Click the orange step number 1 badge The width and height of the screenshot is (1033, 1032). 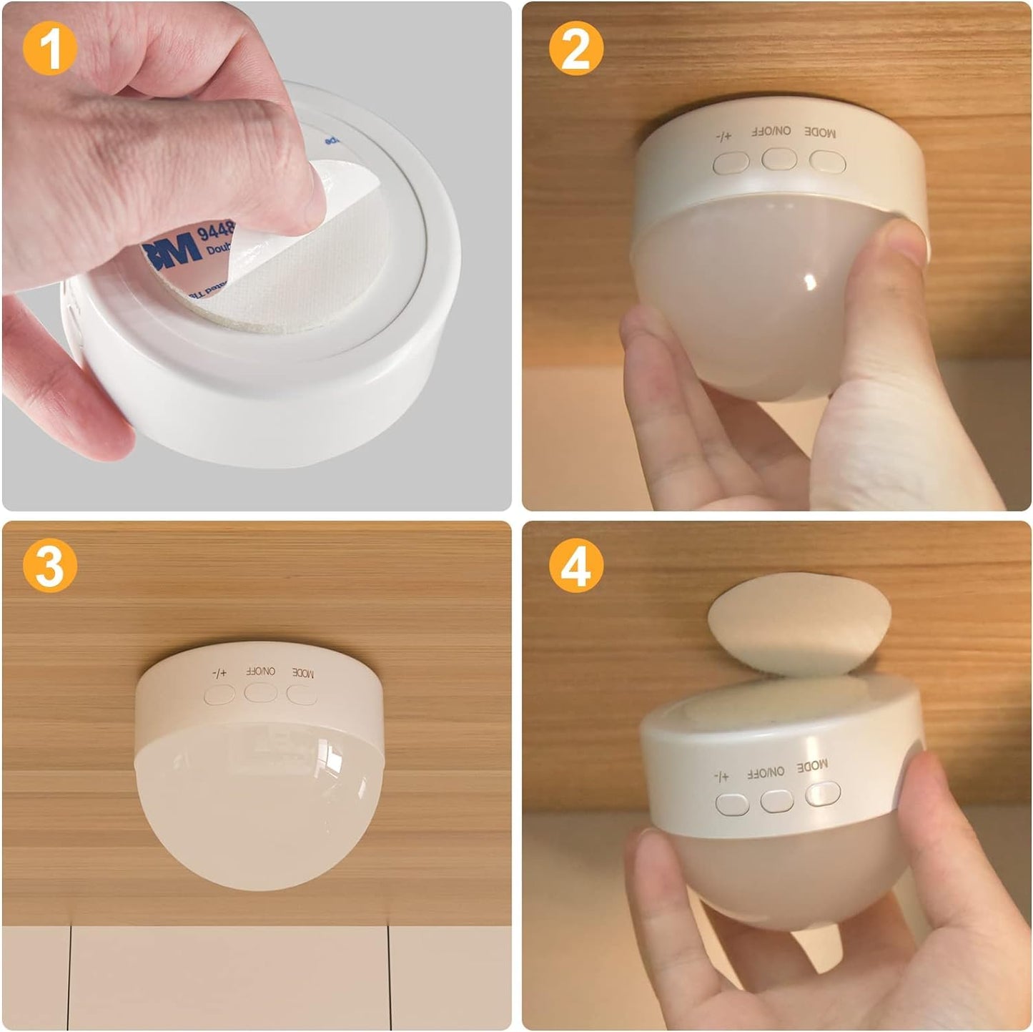tap(50, 48)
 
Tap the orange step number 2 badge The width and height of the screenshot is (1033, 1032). tap(576, 48)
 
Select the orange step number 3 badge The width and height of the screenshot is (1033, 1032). tap(50, 566)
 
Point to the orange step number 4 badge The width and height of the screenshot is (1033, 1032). tap(576, 566)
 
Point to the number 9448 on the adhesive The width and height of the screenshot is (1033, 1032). tap(215, 230)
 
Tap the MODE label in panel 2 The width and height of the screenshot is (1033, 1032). tap(820, 132)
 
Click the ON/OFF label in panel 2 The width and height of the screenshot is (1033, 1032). tap(771, 132)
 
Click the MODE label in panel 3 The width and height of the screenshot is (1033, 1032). tap(303, 672)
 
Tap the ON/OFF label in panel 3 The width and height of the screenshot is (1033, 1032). tap(260, 671)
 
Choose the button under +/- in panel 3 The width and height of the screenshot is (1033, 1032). tap(219, 694)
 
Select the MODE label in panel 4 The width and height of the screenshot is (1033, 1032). tap(812, 766)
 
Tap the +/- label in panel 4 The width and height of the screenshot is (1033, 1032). tap(721, 777)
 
